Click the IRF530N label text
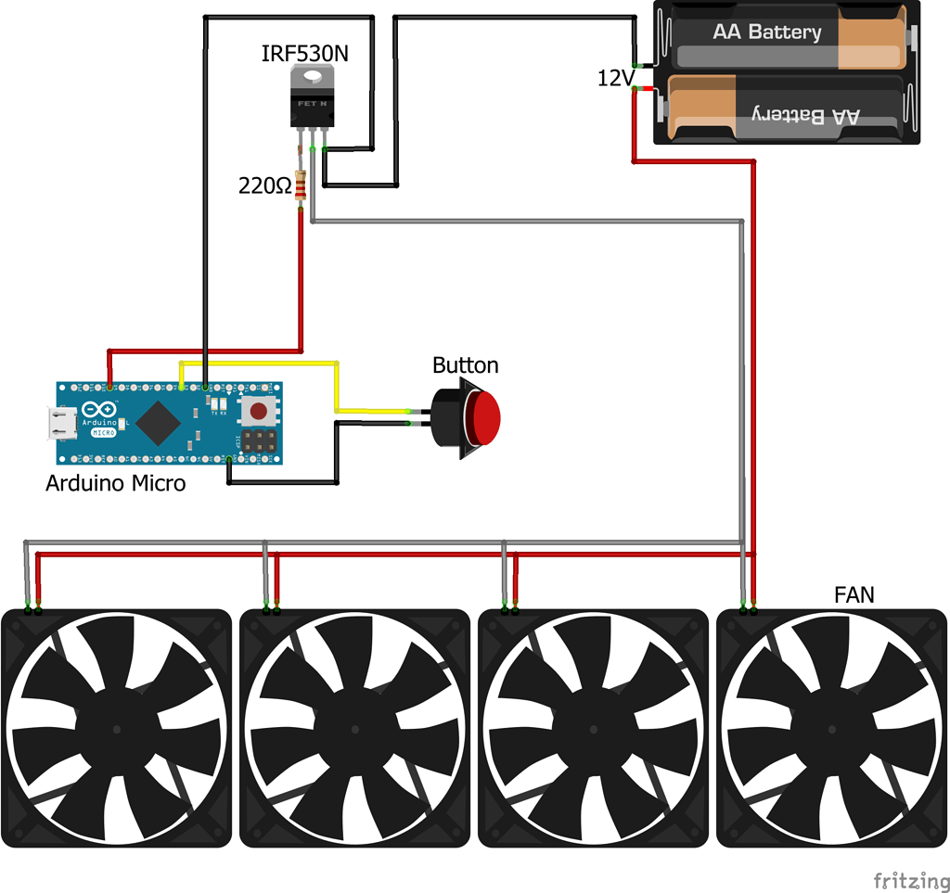[x=305, y=54]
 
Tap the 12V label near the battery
[x=614, y=80]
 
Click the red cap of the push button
[x=485, y=418]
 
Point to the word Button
[x=465, y=364]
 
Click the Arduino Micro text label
[x=115, y=483]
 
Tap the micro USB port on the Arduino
[x=63, y=424]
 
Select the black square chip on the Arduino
[x=159, y=425]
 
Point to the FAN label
[x=854, y=594]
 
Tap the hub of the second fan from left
[x=354, y=728]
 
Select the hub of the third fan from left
[x=593, y=728]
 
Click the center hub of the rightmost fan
[x=831, y=728]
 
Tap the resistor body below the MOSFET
[x=300, y=185]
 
